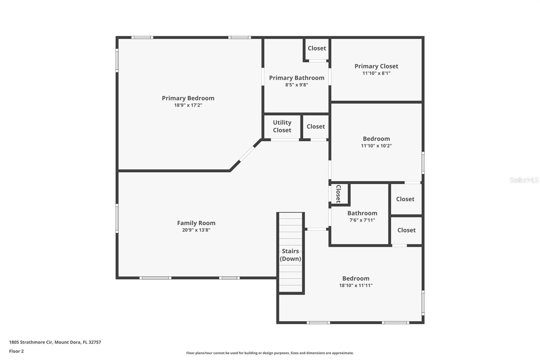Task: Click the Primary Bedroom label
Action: pyautogui.click(x=188, y=98)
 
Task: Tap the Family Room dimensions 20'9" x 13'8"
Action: pyautogui.click(x=196, y=230)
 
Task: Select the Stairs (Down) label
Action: pyautogui.click(x=290, y=255)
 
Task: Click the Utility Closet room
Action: pyautogui.click(x=282, y=126)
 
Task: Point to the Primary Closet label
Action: pyautogui.click(x=376, y=66)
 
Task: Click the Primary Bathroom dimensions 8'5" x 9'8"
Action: pyautogui.click(x=296, y=85)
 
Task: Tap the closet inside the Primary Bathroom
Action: pyautogui.click(x=317, y=48)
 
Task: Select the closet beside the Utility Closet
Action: pyautogui.click(x=316, y=127)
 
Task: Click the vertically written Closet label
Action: pyautogui.click(x=338, y=194)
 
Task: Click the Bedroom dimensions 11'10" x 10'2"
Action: pyautogui.click(x=376, y=146)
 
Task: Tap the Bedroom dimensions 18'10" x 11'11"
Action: pyautogui.click(x=356, y=285)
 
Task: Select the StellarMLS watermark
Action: pyautogui.click(x=524, y=180)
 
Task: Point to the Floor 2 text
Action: pyautogui.click(x=16, y=351)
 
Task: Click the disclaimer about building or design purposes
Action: pyautogui.click(x=270, y=353)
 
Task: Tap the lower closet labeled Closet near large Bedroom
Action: pyautogui.click(x=406, y=230)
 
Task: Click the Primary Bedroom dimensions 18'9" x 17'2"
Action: pyautogui.click(x=188, y=105)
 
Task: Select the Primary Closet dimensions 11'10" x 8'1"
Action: pyautogui.click(x=376, y=73)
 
